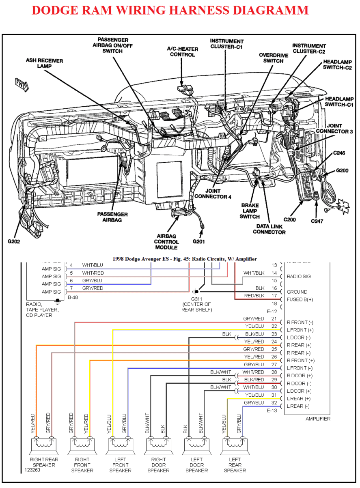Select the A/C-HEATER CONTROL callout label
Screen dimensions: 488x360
pyautogui.click(x=182, y=52)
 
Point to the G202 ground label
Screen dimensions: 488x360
pyautogui.click(x=14, y=241)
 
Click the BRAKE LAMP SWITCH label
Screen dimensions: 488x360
pyautogui.click(x=250, y=211)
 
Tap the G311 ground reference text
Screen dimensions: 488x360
pyautogui.click(x=196, y=299)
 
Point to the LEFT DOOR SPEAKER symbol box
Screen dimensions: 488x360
pyautogui.click(x=196, y=446)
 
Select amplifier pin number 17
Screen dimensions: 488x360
pyautogui.click(x=274, y=296)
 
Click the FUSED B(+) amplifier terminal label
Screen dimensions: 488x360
pyautogui.click(x=300, y=299)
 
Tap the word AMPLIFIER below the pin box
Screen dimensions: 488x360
pyautogui.click(x=318, y=419)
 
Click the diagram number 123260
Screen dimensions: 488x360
pyautogui.click(x=32, y=469)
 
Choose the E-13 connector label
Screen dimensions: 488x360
pyautogui.click(x=272, y=411)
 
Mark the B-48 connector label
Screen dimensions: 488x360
pyautogui.click(x=73, y=297)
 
